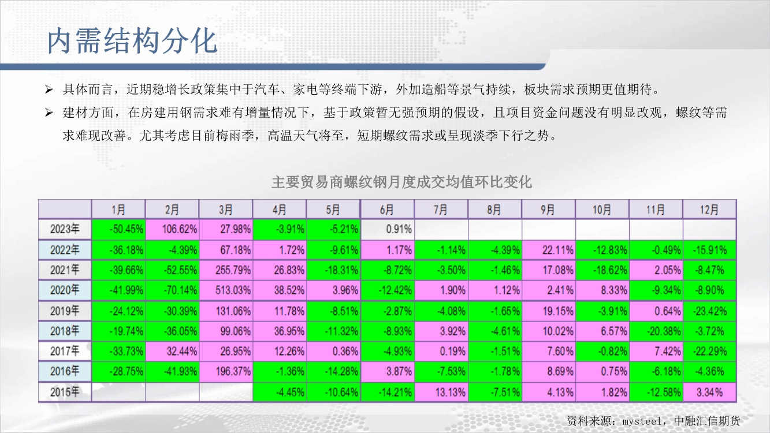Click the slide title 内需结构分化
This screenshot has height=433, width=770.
tap(132, 41)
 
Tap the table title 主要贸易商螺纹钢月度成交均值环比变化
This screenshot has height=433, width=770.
tap(401, 182)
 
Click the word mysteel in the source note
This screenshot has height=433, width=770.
tap(642, 421)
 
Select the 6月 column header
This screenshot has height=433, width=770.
tap(387, 209)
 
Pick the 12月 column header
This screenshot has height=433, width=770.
tap(709, 209)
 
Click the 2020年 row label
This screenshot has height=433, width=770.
tap(65, 290)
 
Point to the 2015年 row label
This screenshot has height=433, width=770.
tap(65, 392)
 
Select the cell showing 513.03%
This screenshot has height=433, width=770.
tap(226, 290)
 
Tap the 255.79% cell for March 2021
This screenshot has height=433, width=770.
tap(226, 270)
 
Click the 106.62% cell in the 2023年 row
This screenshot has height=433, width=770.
tap(172, 229)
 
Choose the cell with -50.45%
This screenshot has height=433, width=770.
tap(118, 229)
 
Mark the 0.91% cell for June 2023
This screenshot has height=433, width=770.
tap(387, 229)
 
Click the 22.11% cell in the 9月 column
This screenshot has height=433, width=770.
tap(548, 250)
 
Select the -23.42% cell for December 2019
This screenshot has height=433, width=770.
tap(709, 311)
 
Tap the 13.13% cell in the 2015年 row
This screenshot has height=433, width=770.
tap(441, 392)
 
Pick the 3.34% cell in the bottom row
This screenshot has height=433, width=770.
tap(709, 392)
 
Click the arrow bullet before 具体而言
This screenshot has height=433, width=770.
tap(49, 89)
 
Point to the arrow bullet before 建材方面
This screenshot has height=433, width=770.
tap(49, 113)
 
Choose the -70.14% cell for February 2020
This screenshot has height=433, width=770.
tap(172, 290)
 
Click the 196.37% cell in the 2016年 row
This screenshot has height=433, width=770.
tap(226, 371)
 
